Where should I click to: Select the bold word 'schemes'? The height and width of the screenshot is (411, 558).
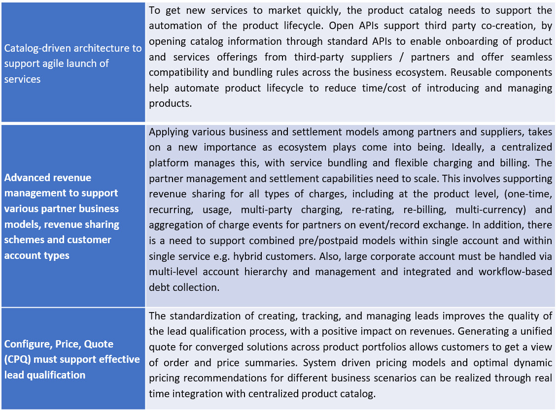[23, 240]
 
